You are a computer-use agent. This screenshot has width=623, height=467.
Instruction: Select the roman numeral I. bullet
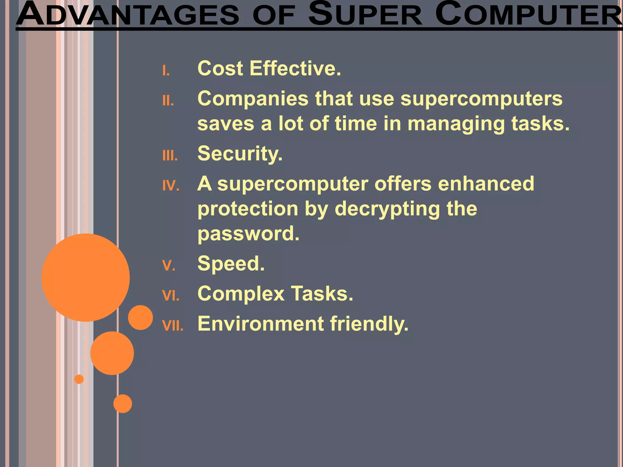coord(166,71)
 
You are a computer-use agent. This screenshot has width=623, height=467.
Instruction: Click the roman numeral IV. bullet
coord(171,185)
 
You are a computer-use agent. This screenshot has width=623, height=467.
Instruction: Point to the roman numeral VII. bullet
coord(173,326)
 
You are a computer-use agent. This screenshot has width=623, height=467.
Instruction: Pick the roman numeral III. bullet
coord(170,156)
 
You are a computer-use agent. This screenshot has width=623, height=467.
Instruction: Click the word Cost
coord(220,68)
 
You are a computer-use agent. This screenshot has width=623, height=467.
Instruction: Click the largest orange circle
coord(85,277)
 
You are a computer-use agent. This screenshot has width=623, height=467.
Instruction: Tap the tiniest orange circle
coord(79,379)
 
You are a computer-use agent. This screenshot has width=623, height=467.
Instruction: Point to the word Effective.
coord(295,68)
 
